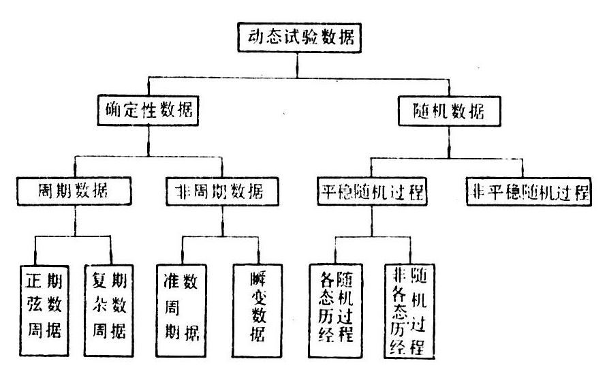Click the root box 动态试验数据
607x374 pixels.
point(298,38)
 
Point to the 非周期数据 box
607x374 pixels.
point(222,193)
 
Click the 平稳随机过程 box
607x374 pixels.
point(372,193)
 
